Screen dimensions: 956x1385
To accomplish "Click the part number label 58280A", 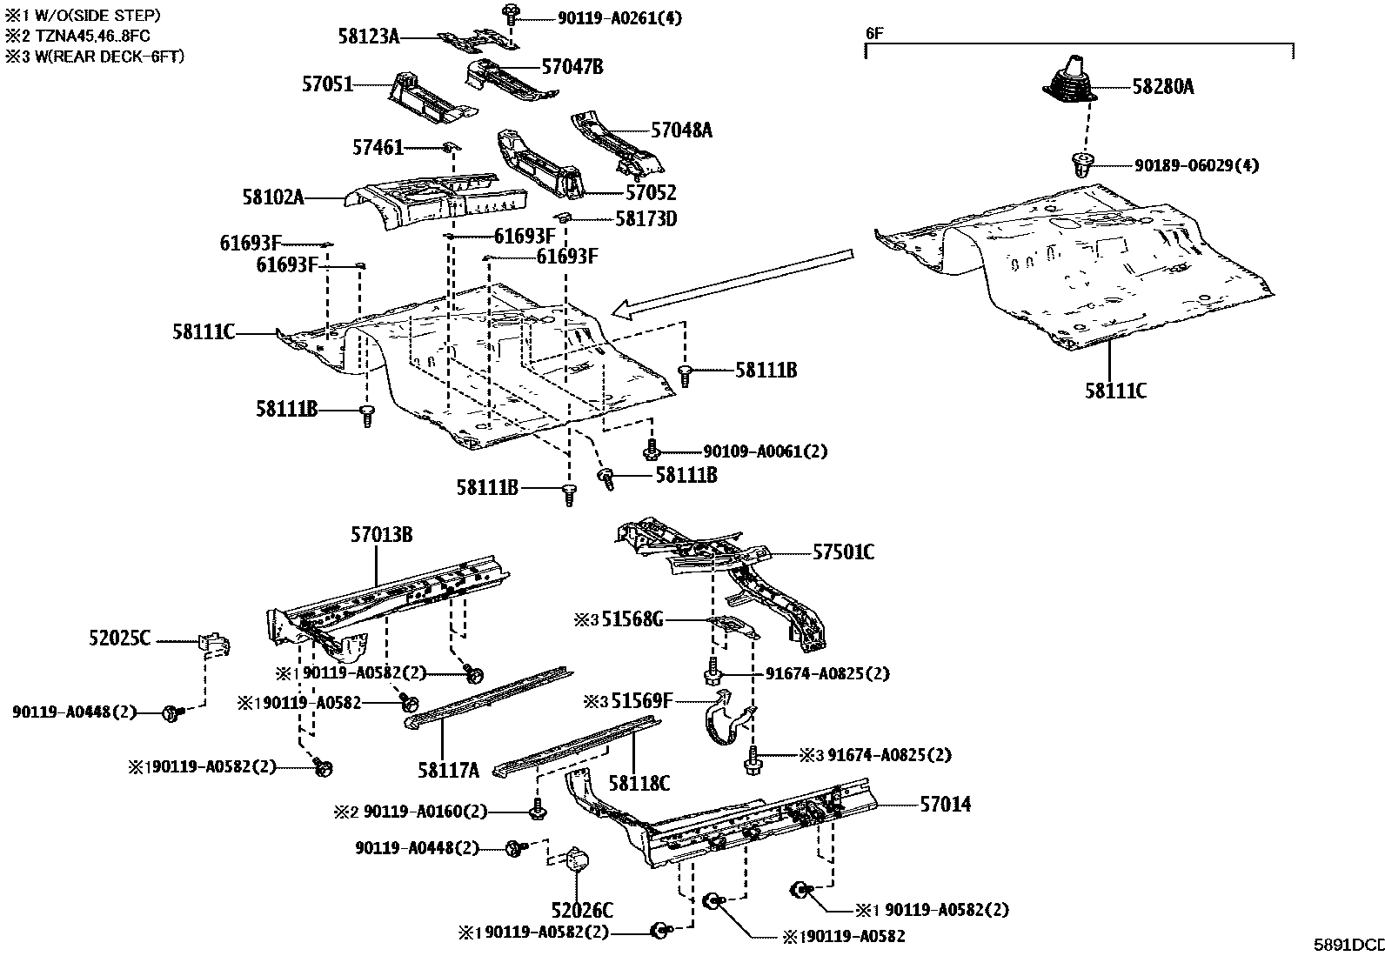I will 1162,87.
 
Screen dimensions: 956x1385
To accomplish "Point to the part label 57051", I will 327,84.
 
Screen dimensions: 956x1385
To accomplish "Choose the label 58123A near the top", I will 368,36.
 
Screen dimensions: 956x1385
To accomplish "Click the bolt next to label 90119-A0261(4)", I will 510,13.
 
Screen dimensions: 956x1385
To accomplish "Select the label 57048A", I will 681,130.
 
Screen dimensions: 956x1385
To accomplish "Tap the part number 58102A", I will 273,197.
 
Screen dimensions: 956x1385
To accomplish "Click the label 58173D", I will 646,218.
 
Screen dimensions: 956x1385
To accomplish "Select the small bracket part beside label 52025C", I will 216,645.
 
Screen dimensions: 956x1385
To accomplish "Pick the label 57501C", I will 843,552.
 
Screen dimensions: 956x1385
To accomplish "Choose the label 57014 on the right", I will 945,805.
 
